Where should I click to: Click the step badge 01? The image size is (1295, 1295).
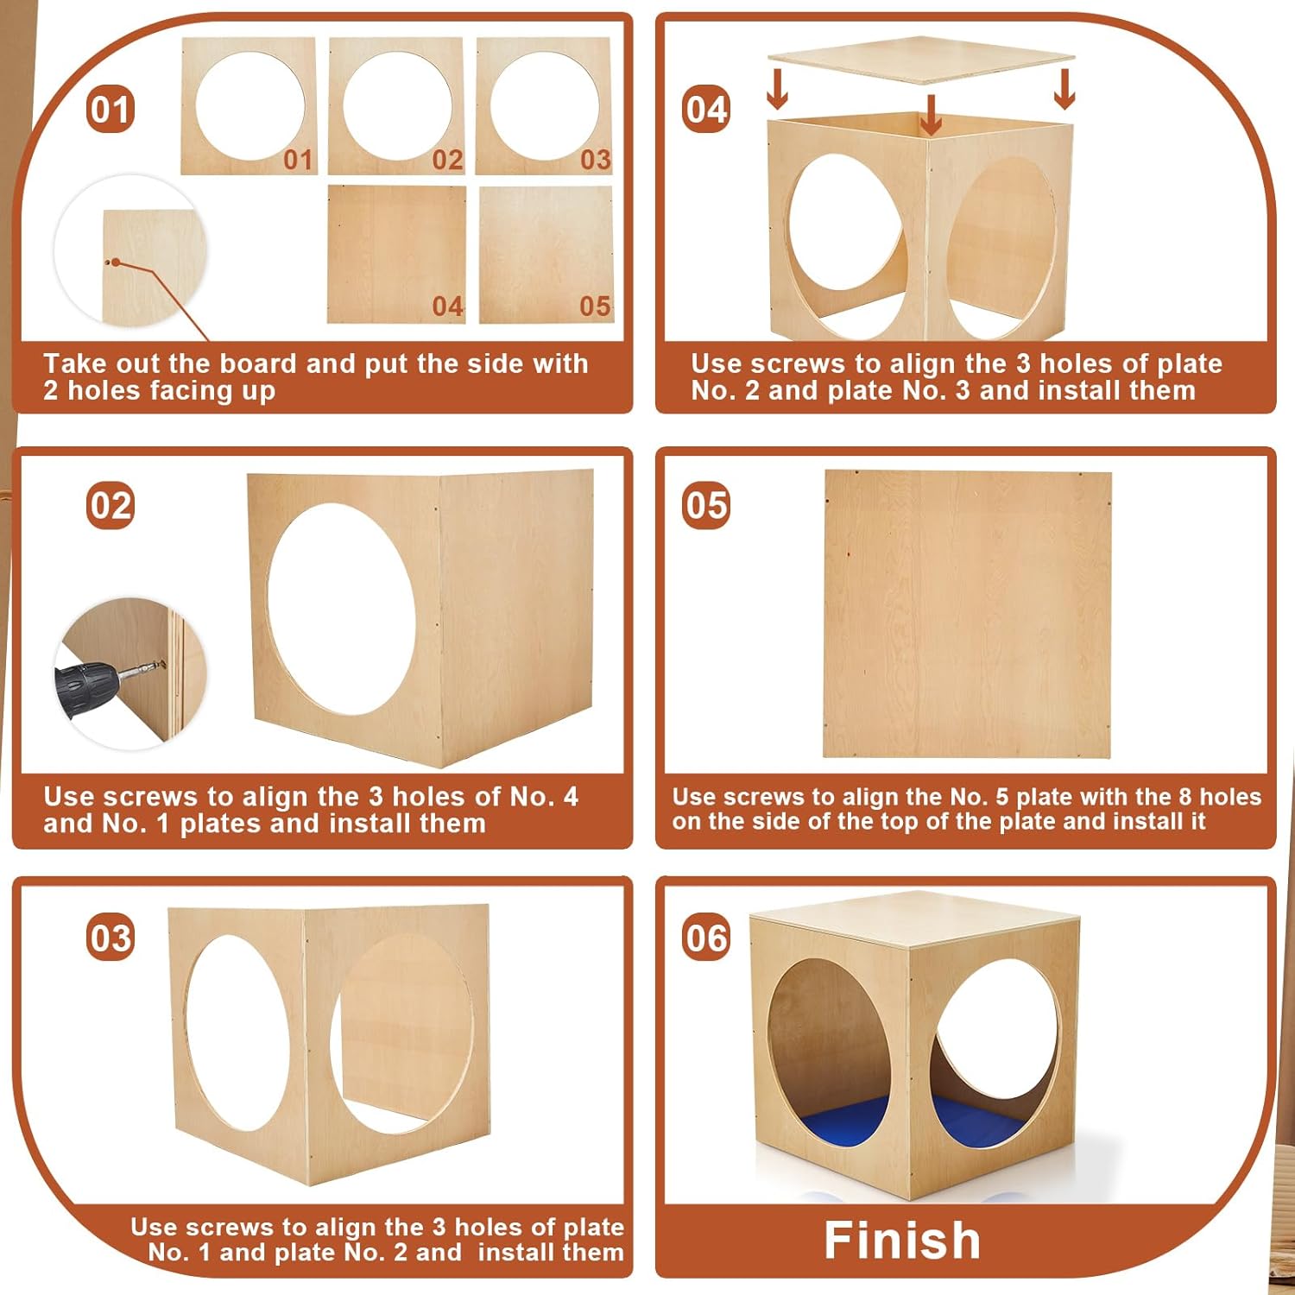111,110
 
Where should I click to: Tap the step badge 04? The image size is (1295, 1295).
706,110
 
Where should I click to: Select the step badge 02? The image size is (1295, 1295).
111,505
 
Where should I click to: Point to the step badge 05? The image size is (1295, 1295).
706,505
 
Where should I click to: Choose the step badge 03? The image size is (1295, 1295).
111,938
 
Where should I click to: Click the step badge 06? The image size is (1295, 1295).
706,938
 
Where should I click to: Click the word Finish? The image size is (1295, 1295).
902,1241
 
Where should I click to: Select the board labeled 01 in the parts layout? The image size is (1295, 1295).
249,106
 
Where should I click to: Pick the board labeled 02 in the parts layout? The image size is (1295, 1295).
396,106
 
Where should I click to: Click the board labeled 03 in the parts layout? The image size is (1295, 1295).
544,106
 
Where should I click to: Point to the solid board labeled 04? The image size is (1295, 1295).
397,255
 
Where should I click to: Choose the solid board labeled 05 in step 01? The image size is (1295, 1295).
546,255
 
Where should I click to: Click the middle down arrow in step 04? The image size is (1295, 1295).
930,115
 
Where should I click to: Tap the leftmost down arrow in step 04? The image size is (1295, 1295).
777,90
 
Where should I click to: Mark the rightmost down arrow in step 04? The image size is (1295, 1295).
1064,89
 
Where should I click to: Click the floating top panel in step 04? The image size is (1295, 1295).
921,60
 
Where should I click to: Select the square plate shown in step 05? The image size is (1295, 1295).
968,615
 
